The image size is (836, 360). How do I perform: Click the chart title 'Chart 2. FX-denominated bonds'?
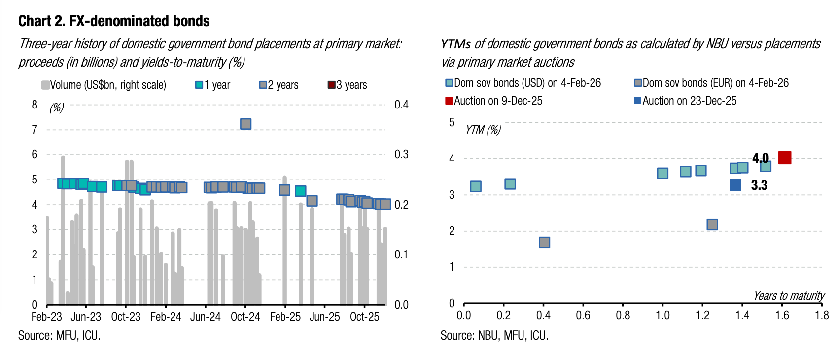point(114,21)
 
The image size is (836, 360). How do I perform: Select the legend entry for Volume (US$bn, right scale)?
point(104,85)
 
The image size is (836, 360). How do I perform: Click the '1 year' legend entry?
point(213,85)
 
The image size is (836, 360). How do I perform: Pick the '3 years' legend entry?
point(348,85)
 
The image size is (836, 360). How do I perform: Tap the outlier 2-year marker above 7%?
point(245,124)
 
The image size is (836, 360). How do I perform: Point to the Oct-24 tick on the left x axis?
point(245,317)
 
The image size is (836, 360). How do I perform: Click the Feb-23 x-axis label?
point(47,317)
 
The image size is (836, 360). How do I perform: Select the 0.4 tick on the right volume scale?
point(401,105)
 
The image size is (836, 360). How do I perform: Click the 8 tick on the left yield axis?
point(35,105)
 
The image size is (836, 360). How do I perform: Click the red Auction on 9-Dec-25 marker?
point(785,158)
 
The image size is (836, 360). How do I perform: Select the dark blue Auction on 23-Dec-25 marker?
point(735,185)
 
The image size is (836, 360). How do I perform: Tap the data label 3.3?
point(759,185)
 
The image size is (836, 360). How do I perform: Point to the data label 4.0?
point(760,158)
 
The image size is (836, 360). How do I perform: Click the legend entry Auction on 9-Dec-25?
point(493,101)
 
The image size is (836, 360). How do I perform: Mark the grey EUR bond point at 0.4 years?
point(544,242)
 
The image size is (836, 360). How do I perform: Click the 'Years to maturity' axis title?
point(789,296)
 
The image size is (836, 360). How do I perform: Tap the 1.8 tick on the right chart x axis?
point(822,315)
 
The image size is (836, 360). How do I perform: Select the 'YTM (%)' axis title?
point(483,130)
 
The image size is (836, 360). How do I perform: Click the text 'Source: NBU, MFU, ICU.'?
point(494,336)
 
